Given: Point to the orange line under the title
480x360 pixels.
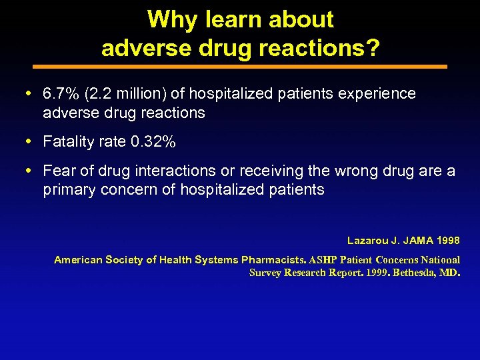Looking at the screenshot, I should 240,67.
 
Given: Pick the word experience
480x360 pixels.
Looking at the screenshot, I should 379,94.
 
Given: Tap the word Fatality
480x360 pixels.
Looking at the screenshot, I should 68,142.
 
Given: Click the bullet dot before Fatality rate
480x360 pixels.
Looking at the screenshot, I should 33,142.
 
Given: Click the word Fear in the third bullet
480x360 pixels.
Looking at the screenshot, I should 57,171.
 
